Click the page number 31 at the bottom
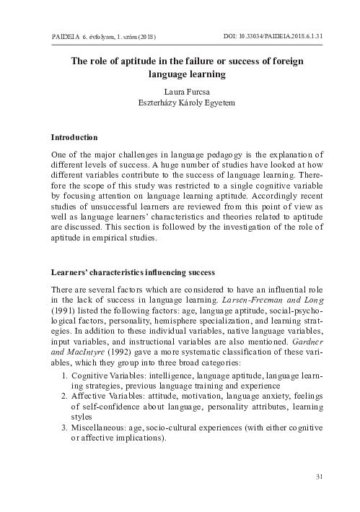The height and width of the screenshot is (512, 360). (320, 476)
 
